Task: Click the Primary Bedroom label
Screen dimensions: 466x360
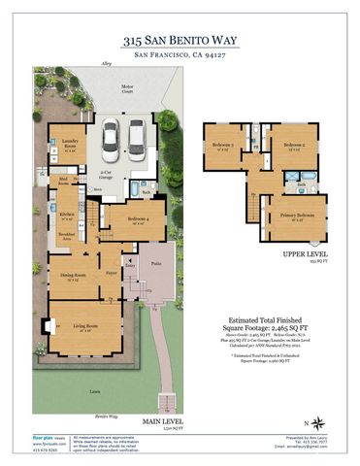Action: point(296,216)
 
